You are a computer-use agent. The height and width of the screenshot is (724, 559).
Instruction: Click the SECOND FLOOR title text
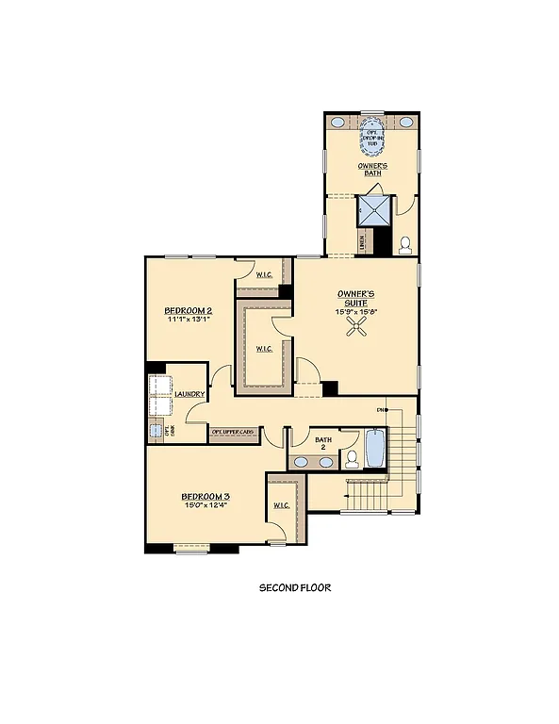[295, 587]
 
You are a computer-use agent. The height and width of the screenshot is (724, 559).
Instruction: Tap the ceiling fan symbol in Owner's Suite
[356, 326]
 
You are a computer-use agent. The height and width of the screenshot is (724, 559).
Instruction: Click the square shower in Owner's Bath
[372, 212]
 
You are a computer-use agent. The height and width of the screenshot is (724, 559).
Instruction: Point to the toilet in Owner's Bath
[405, 244]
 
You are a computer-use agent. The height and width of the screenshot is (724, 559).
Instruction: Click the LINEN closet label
[363, 242]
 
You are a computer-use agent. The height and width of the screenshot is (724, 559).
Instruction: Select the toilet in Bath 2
[350, 459]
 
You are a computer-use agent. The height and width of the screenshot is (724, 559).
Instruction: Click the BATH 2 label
[323, 443]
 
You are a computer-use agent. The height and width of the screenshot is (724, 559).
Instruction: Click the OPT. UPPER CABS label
[233, 432]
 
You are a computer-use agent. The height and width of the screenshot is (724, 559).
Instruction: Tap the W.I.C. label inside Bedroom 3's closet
[281, 506]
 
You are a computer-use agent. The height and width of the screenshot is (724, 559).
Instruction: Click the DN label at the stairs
[382, 410]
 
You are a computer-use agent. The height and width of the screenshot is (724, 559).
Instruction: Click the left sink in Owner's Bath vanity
[337, 123]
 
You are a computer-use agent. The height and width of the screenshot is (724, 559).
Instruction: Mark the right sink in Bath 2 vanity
[326, 462]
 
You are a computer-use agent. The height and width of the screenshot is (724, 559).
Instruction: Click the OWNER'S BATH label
[372, 170]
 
